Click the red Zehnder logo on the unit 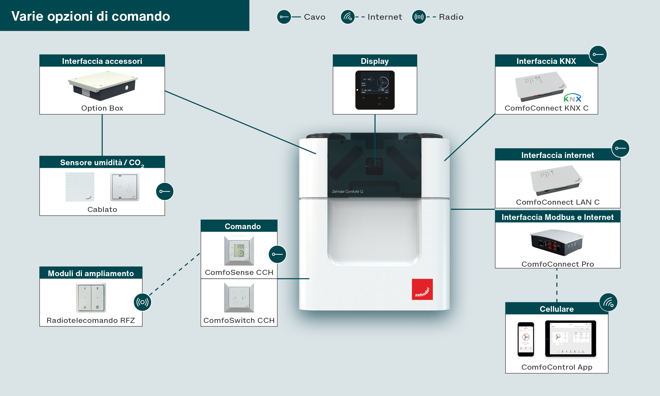[422, 290]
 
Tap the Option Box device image [102, 85]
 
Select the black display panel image [375, 90]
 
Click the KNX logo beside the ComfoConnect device [573, 98]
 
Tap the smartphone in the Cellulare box [526, 339]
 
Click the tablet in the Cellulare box [570, 338]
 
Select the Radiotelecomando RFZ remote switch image [91, 297]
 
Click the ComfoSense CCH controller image [239, 250]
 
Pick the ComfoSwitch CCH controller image [239, 297]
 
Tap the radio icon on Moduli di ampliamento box [143, 302]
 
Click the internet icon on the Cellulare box [608, 302]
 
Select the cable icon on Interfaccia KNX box [598, 54]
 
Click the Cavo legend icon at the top [284, 17]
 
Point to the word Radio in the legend [451, 17]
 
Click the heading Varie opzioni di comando [91, 16]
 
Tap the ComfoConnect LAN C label [557, 202]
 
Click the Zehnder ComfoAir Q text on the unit [347, 192]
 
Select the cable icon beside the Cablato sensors [165, 191]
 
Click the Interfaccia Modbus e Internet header [557, 217]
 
